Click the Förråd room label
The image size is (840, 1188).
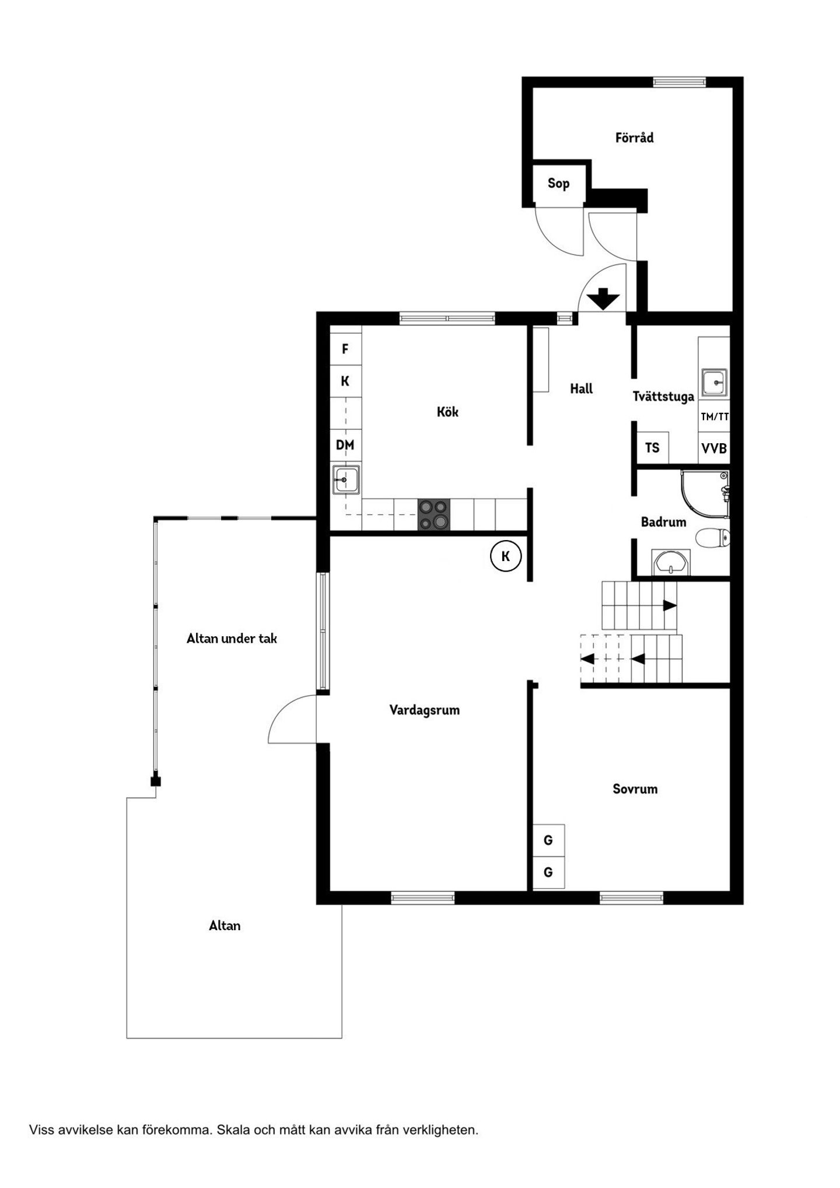(634, 138)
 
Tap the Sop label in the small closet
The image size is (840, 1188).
(558, 184)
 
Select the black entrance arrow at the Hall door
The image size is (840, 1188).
(603, 299)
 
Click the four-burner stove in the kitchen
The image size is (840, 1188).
(434, 514)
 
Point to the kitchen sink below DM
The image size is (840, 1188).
(346, 479)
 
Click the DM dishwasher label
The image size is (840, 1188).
(345, 446)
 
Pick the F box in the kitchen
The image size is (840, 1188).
(345, 349)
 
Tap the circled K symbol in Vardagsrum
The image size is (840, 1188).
(505, 556)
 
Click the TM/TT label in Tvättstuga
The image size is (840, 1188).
(715, 416)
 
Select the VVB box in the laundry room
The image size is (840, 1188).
(714, 448)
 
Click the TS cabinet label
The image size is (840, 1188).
(652, 448)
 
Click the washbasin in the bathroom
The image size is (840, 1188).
(671, 562)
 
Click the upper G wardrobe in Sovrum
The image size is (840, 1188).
(548, 840)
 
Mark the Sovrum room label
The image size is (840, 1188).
(635, 789)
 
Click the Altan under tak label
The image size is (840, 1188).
(232, 639)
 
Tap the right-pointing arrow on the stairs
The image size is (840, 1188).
(670, 605)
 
